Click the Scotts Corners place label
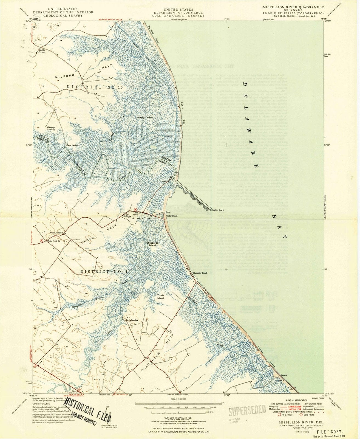(x=42, y=51)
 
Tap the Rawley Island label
(x=145, y=117)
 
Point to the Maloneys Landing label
(x=51, y=128)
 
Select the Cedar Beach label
(x=172, y=216)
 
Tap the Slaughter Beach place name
(x=200, y=273)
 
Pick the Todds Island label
(x=160, y=297)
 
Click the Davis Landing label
(x=132, y=320)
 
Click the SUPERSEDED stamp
(x=247, y=410)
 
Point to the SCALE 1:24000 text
(x=178, y=399)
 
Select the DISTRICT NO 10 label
(x=95, y=87)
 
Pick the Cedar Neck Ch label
(x=54, y=241)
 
